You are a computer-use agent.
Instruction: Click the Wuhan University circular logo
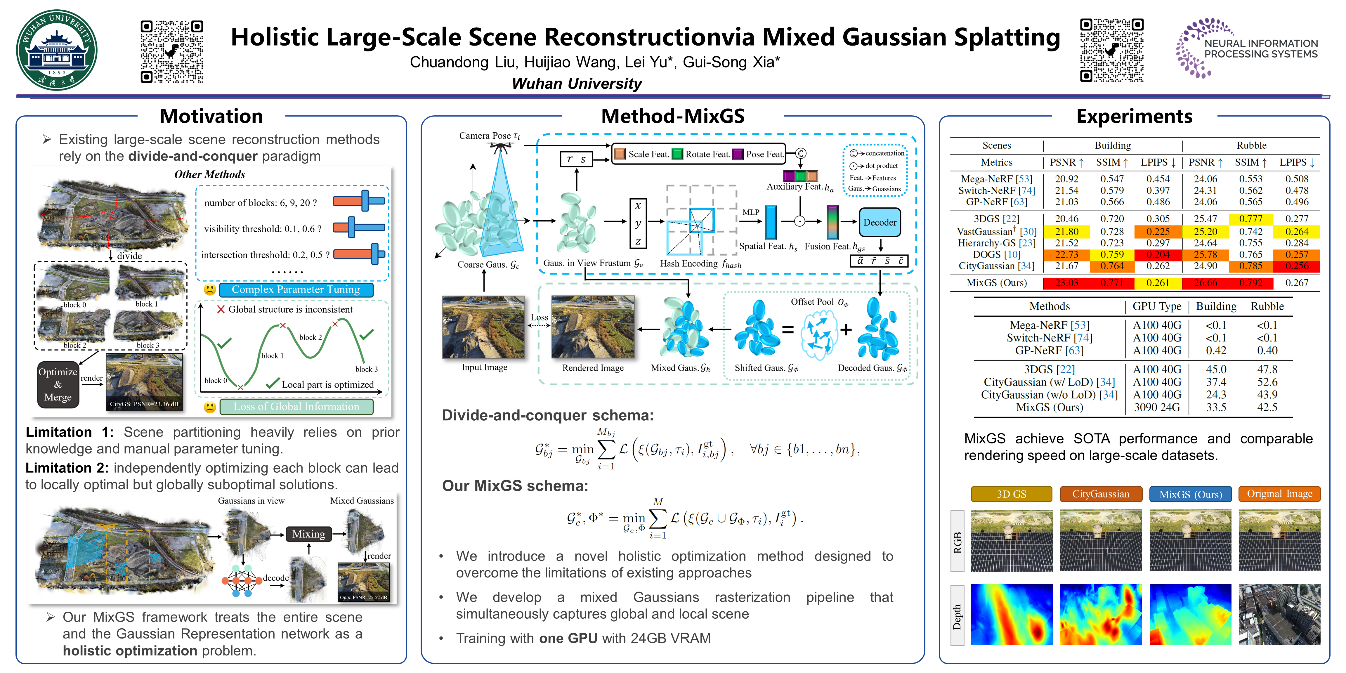point(56,50)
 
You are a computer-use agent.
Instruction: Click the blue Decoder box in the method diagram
point(880,222)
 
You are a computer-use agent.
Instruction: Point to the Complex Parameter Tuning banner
point(296,289)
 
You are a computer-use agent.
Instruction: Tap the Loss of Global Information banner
point(296,407)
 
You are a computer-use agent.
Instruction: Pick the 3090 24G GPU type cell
point(1157,407)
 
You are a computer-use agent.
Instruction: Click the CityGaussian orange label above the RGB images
point(1100,494)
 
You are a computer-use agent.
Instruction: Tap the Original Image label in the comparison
point(1279,494)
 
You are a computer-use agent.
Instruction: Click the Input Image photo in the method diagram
point(483,327)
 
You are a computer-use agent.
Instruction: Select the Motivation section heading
point(211,116)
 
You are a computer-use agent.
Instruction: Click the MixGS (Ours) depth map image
point(1190,615)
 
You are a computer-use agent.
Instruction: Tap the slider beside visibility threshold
point(359,227)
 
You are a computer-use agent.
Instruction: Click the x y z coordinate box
point(638,223)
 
